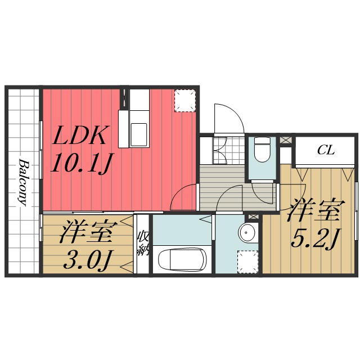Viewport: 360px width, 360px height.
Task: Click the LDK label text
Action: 80,137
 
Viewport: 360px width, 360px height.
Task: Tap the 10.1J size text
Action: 81,163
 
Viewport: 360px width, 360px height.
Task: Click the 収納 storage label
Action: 143,243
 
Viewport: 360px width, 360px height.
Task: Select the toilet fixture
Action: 262,151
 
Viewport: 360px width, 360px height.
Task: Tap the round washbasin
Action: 247,231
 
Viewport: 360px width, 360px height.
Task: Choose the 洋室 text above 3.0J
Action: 88,232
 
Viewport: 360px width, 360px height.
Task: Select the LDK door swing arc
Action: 184,199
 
